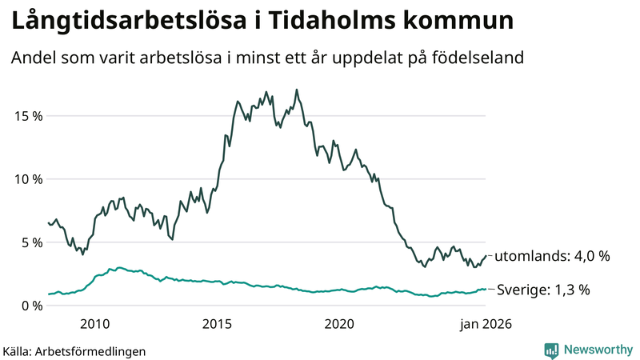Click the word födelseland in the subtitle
point(483,58)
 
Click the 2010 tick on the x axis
point(95,324)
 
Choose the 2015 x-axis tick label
point(218,324)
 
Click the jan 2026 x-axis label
point(483,324)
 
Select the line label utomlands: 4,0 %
point(552,257)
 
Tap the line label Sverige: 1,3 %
point(543,290)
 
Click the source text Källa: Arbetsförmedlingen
point(74,350)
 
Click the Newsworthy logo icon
point(551,350)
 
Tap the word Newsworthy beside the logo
point(597,350)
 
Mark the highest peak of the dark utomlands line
point(297,90)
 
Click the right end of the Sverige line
point(485,290)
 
